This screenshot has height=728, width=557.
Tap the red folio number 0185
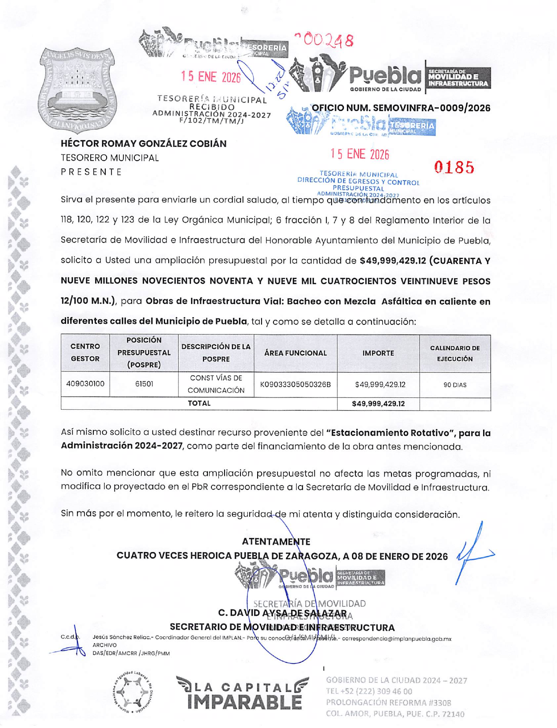[x=454, y=168]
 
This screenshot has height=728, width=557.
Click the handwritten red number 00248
[x=325, y=40]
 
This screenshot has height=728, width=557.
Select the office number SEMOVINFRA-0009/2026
[x=401, y=108]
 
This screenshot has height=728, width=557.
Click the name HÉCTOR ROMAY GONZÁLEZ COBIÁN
[x=144, y=143]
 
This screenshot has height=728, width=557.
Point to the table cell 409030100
[x=85, y=384]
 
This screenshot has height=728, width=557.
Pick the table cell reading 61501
[x=144, y=384]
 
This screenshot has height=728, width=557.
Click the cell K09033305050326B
[x=295, y=384]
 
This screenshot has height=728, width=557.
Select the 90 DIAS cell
[x=455, y=385]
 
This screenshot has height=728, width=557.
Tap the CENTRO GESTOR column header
[x=85, y=353]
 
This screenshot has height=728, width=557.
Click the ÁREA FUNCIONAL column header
[x=295, y=353]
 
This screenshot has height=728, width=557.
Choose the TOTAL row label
[x=199, y=403]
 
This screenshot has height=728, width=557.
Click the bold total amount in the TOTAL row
[x=378, y=404]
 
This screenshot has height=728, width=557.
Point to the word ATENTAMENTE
[x=276, y=542]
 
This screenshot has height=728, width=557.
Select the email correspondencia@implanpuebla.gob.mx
[x=396, y=639]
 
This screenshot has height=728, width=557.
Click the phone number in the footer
[x=369, y=691]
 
